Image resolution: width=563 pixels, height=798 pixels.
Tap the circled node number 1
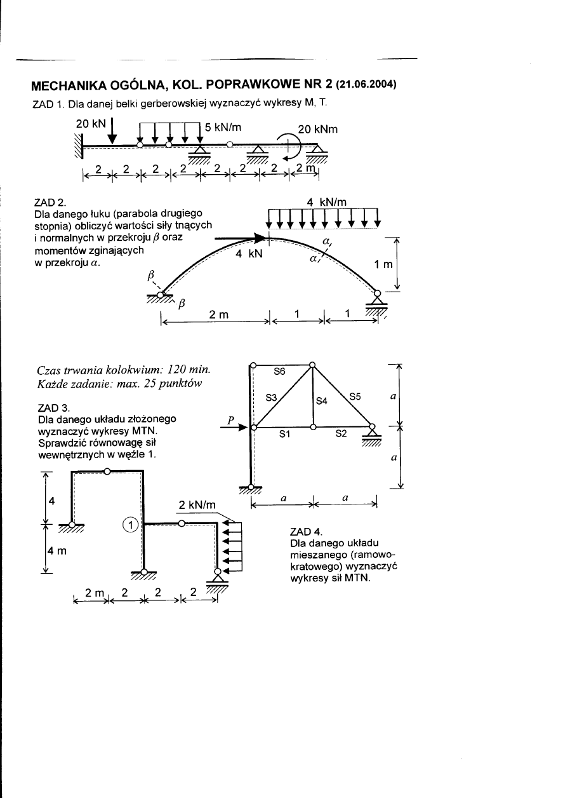pyautogui.click(x=129, y=524)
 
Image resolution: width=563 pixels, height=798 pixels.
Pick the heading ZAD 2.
pyautogui.click(x=48, y=203)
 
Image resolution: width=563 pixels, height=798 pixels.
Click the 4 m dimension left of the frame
pyautogui.click(x=55, y=551)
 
